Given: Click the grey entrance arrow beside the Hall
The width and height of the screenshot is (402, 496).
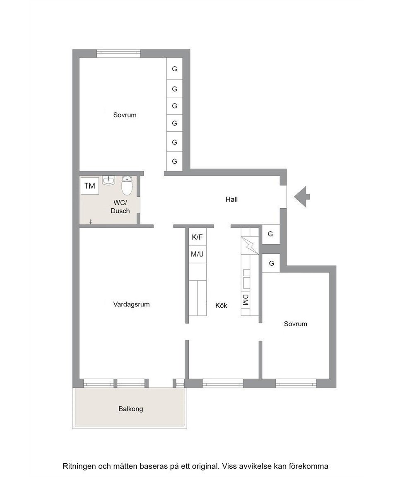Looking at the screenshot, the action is pos(302,197).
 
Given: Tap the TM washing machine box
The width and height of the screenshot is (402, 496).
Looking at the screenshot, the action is pos(90,185).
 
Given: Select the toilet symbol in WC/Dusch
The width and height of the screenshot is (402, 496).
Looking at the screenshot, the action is pos(127,185).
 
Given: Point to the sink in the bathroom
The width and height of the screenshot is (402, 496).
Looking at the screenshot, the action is pos(108,180).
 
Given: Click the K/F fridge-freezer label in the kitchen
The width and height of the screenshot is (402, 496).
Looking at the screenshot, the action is pos(197,237).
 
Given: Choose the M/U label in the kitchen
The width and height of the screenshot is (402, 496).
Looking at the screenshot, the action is pos(197,254).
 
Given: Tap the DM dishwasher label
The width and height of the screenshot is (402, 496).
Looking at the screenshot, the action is pos(245,300).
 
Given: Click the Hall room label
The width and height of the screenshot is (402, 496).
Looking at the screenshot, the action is pos(231,199).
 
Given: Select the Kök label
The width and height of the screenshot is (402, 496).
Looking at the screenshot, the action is pos(221,306).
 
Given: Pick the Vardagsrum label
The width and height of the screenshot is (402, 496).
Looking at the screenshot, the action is pos(131,304).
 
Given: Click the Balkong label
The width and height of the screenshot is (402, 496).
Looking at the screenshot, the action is pos(131,409).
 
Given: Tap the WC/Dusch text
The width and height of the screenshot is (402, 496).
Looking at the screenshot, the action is pos(120,207).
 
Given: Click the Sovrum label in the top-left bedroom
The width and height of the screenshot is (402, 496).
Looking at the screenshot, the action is pos(125,115).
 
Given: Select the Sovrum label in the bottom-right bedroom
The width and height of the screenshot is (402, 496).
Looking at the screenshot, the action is pos(296,324).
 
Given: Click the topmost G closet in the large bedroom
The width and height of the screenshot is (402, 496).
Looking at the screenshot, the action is pos(175,69).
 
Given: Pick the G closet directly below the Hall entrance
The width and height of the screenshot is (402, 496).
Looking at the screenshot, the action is pos(270,234).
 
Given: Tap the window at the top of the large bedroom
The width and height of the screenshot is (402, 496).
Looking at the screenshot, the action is pos(118,53).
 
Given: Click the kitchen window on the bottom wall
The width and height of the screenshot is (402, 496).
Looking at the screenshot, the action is pos(223,383).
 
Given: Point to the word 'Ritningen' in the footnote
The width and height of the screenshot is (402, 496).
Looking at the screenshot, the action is pos(79,466).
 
